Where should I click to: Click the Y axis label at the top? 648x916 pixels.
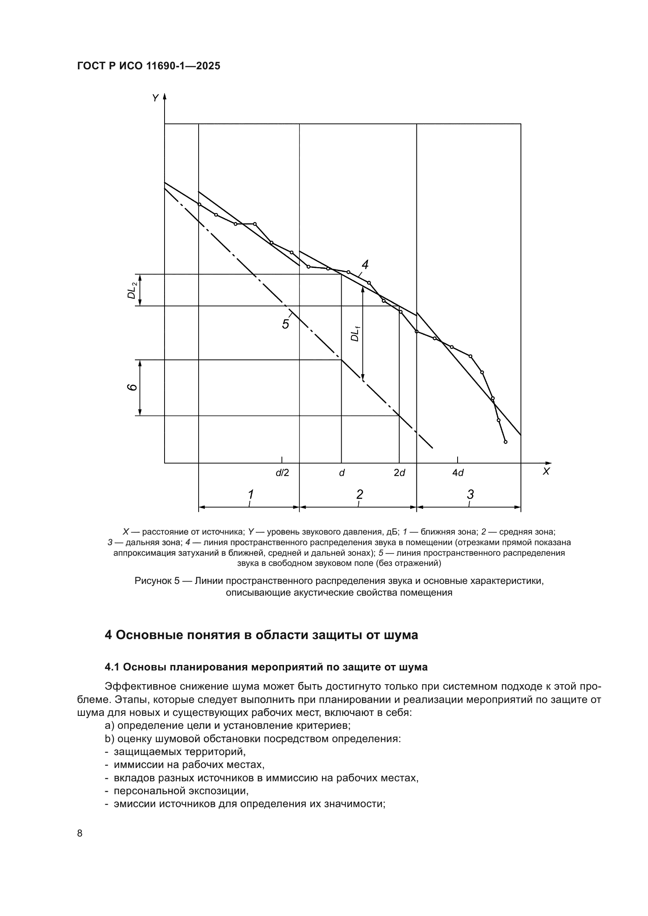(155, 98)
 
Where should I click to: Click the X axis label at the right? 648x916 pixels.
(546, 472)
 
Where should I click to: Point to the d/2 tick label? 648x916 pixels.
(282, 473)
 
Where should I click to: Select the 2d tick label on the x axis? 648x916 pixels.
(399, 473)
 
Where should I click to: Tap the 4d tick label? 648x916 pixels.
(458, 473)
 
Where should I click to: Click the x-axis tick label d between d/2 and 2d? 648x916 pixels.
(342, 473)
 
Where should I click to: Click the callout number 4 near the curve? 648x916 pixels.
(365, 264)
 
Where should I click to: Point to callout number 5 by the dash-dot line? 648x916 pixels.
(286, 324)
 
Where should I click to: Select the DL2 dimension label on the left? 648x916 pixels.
(132, 290)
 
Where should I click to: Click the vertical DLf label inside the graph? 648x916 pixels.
(355, 334)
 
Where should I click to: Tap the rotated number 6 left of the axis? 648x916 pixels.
(132, 387)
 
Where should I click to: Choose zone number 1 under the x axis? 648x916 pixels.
(250, 495)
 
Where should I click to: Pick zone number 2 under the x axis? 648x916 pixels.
(360, 495)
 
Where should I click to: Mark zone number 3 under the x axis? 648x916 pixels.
(470, 495)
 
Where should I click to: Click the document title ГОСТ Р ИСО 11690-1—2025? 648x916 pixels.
(148, 66)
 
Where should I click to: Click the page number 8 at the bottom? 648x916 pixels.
(80, 833)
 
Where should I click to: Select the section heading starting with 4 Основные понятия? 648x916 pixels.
(261, 635)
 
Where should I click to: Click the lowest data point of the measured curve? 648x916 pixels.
(505, 442)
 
